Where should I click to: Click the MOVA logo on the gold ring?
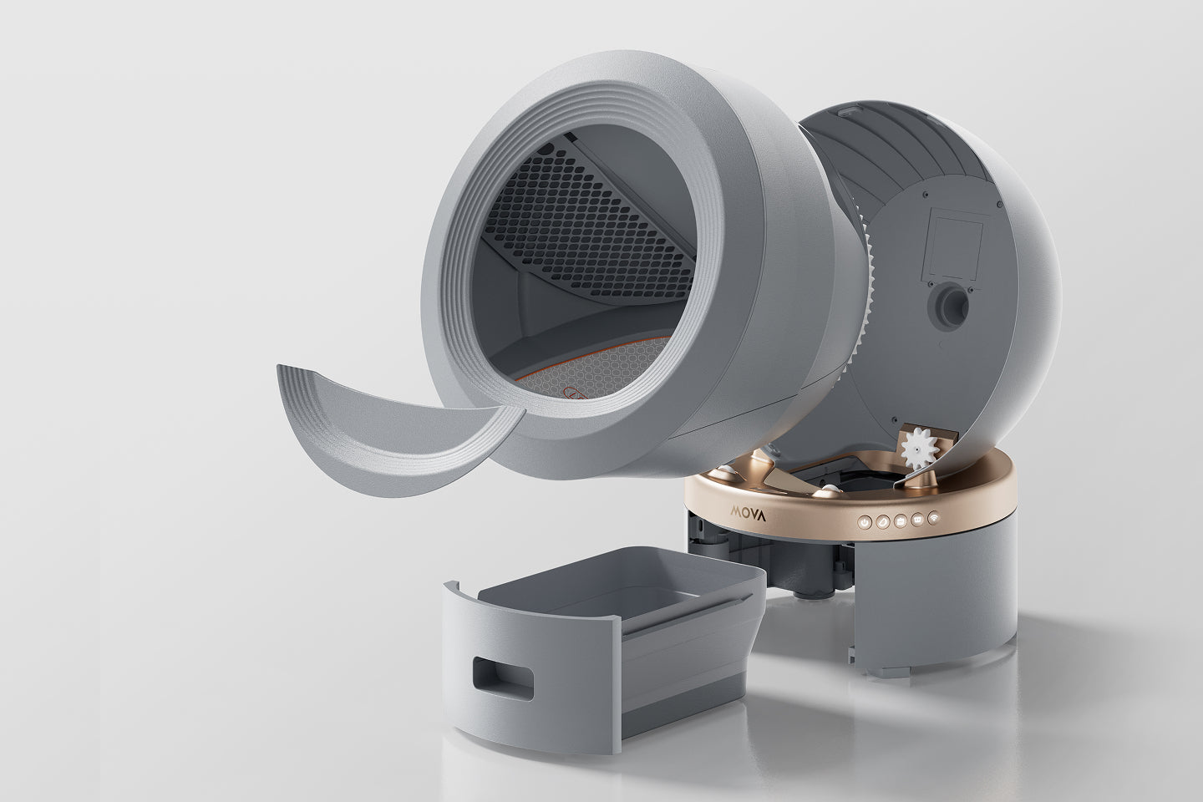point(749,514)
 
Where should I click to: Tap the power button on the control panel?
point(865,521)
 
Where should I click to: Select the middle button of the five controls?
point(901,520)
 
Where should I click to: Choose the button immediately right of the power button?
point(883,520)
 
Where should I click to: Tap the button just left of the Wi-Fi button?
point(918,519)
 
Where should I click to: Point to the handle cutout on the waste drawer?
point(503,678)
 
